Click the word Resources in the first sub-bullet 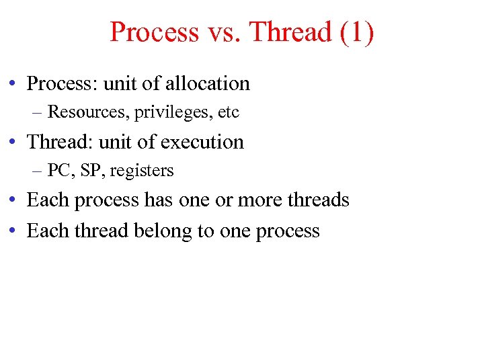click(89, 112)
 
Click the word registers click(142, 171)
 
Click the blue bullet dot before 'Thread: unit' click(13, 143)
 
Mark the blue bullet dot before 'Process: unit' click(13, 84)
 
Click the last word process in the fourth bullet click(288, 231)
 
